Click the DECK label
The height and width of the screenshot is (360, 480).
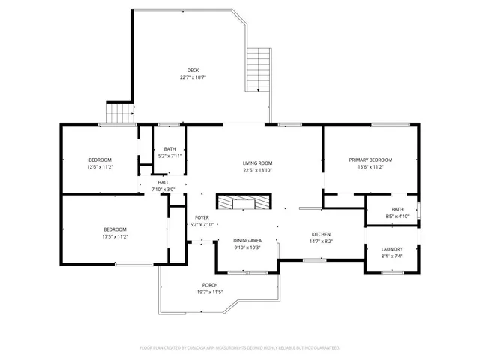[193, 70]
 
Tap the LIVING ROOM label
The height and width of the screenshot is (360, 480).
[257, 163]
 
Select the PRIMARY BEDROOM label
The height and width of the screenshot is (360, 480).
[370, 160]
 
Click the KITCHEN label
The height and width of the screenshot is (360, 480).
[321, 235]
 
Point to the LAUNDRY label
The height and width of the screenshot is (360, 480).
[391, 249]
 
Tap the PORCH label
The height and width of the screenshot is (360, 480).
[210, 285]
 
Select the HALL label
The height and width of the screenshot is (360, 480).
[163, 182]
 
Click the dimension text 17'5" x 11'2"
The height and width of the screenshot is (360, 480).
[115, 236]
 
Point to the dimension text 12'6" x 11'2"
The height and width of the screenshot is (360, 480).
[100, 167]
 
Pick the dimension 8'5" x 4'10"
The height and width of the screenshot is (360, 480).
[397, 217]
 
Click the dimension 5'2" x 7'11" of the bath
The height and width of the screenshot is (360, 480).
[169, 156]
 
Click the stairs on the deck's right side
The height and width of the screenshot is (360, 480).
[257, 70]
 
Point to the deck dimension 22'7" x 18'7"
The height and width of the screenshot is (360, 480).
[193, 77]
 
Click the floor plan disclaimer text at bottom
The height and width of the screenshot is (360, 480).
[240, 348]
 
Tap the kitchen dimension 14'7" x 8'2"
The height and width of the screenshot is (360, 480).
[321, 241]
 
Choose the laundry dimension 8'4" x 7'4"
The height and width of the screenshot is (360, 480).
[391, 256]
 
